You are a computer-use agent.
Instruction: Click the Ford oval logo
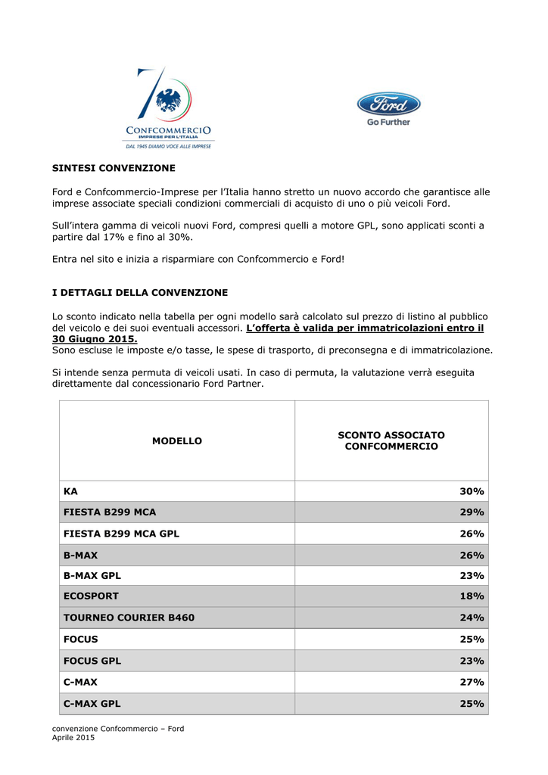coord(388,104)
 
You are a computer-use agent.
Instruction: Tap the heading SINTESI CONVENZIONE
coord(114,168)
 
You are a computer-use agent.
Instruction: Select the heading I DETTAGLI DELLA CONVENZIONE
coord(139,292)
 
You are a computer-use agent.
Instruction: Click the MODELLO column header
coord(177,440)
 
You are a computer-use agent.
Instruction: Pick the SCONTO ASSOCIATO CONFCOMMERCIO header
coord(391,440)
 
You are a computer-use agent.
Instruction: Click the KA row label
coord(70,491)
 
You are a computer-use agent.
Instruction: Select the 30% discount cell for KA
coord(472,491)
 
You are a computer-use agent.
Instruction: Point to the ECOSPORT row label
coord(91,596)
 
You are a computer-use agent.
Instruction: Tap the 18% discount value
coord(472,596)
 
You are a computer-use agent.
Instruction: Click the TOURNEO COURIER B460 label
coord(129,618)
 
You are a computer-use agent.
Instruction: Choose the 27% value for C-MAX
coord(472,682)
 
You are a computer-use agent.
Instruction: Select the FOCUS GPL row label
coord(92,661)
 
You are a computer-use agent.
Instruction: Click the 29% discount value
coord(472,512)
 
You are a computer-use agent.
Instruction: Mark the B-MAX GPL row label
coord(92,575)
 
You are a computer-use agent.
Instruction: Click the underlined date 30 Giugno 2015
coord(95,339)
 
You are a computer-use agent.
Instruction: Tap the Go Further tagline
coord(388,122)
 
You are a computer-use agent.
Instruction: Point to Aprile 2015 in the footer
coord(73,737)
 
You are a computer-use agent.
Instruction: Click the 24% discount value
coord(472,618)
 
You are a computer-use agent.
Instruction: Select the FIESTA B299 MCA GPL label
coord(121,534)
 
